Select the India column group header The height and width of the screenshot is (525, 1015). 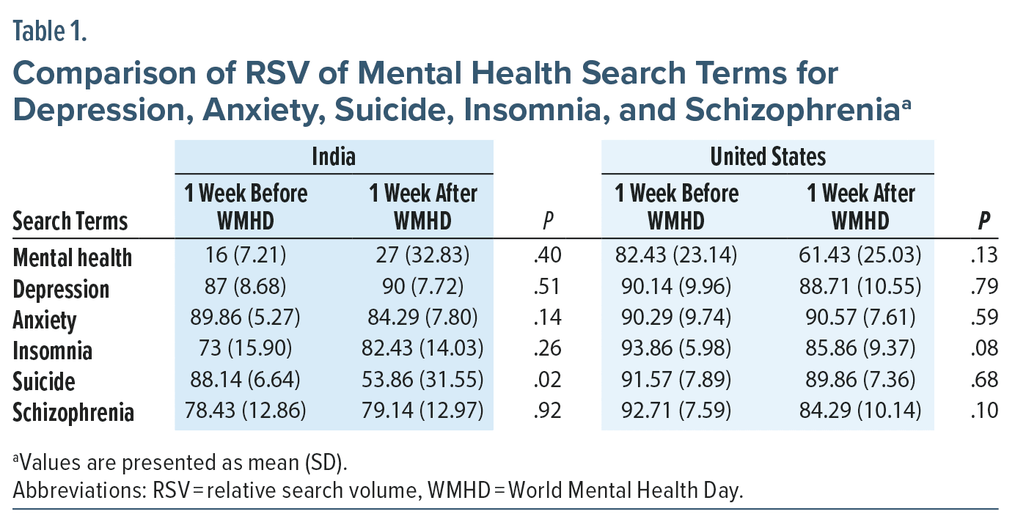point(334,156)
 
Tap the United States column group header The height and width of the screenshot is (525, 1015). point(767,156)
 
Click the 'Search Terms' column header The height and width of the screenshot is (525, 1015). point(70,221)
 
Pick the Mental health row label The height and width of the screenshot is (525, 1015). point(73,257)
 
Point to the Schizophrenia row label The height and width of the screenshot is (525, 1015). point(73,413)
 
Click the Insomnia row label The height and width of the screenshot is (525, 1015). point(53,350)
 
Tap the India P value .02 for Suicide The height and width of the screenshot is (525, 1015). point(548,381)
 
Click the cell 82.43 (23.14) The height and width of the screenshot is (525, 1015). point(676,257)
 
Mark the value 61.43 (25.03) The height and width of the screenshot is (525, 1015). point(859,257)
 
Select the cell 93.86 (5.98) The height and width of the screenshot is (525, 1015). point(676,350)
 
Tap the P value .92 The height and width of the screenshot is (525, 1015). point(548,411)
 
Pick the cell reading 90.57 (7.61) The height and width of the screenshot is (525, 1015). point(859,319)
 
